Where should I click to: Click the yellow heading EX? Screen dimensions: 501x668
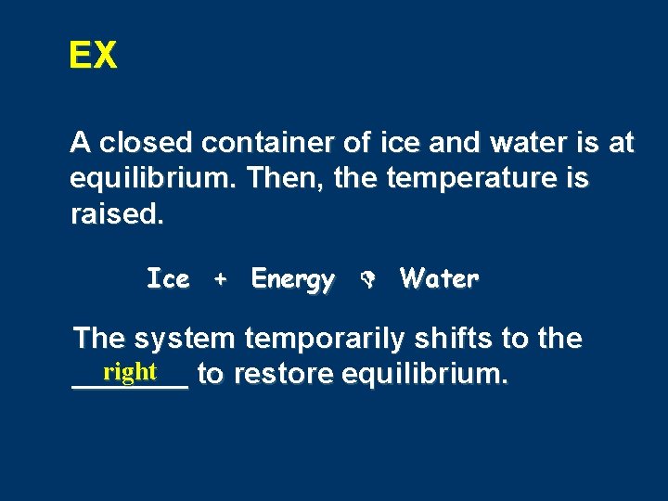[x=93, y=57]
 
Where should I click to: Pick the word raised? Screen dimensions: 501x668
[x=116, y=214]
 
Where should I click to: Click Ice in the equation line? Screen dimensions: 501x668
[x=168, y=278]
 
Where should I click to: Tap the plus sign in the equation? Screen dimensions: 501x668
[x=220, y=279]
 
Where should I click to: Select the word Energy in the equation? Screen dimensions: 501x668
[x=292, y=279]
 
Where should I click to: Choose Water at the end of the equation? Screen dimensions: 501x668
[x=439, y=278]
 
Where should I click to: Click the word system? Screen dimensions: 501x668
[x=180, y=340]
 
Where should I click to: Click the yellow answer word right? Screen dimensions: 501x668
[x=130, y=372]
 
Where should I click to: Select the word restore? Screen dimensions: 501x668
[x=284, y=375]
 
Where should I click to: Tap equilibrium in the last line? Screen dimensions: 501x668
[x=425, y=375]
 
